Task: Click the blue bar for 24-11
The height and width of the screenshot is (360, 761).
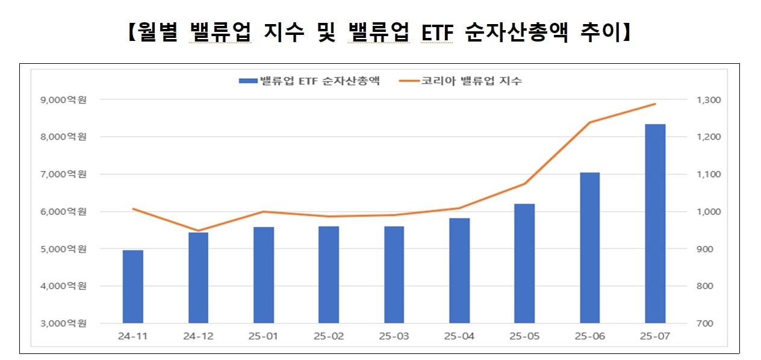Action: pyautogui.click(x=133, y=287)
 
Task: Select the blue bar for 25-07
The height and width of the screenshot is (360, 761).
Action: pyautogui.click(x=655, y=223)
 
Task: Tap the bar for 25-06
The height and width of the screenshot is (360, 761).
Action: pyautogui.click(x=590, y=248)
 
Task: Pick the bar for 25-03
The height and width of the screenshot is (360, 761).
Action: pyautogui.click(x=394, y=275)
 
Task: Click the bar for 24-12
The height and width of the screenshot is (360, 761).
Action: pyautogui.click(x=198, y=278)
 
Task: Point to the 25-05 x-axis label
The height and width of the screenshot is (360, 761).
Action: pyautogui.click(x=524, y=336)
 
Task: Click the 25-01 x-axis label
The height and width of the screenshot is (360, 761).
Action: pyautogui.click(x=264, y=336)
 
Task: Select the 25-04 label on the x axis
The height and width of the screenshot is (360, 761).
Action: pyautogui.click(x=459, y=336)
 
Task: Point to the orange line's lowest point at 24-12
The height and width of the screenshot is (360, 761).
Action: pyautogui.click(x=198, y=231)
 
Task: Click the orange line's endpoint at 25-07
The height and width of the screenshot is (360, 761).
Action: pyautogui.click(x=655, y=104)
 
